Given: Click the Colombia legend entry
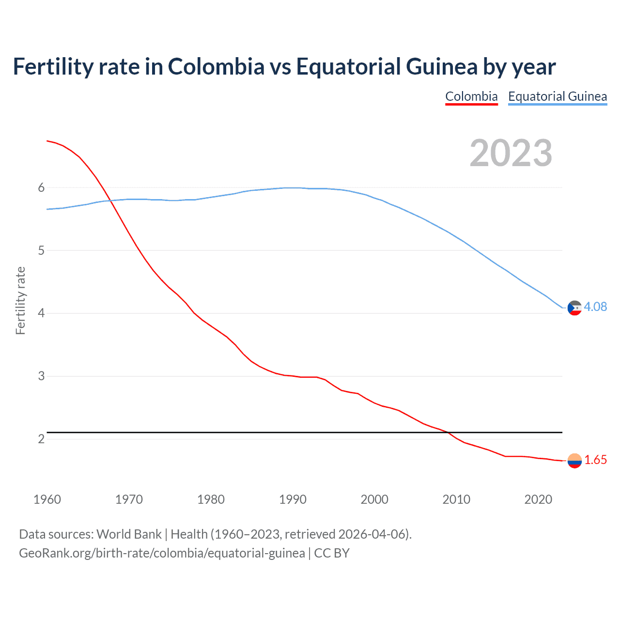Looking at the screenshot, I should (x=471, y=96).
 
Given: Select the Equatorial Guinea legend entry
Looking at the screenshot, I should (x=557, y=96).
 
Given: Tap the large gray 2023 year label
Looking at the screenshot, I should (x=511, y=153).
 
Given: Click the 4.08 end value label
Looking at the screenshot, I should (x=595, y=307).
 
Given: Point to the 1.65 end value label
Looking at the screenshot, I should (x=595, y=460).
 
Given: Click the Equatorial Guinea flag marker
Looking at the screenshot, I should (x=574, y=308).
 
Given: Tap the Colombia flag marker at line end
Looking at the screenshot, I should (x=574, y=461).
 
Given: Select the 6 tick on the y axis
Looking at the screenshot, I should (x=41, y=187).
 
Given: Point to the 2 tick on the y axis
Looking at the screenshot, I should (x=41, y=439).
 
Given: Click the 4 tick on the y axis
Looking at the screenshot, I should (x=41, y=313).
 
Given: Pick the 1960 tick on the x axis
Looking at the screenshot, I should (x=47, y=499).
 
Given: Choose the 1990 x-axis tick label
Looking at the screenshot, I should (x=293, y=499).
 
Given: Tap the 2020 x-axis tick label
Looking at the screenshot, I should (x=538, y=499).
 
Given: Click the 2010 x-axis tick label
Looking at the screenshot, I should (x=456, y=499).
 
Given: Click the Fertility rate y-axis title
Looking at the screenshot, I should (x=20, y=300).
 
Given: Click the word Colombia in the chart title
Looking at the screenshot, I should (x=216, y=66).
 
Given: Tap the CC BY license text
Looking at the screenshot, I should (x=332, y=553).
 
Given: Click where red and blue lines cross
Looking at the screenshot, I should (x=109, y=200).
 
